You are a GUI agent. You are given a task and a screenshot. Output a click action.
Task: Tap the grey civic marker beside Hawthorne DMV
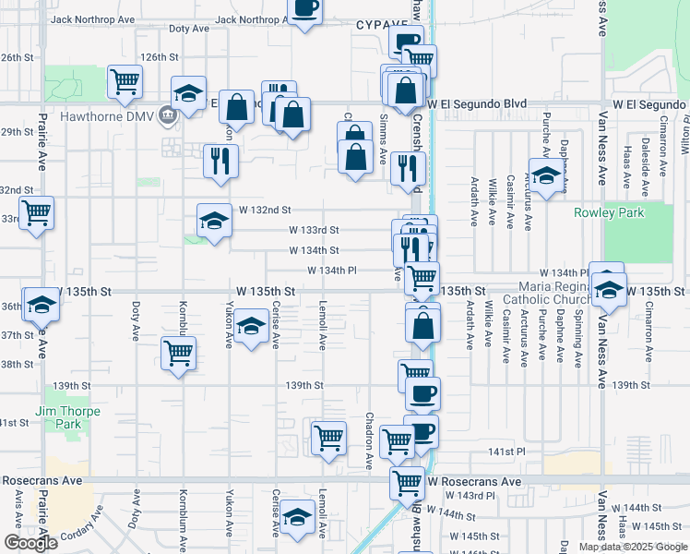(167, 116)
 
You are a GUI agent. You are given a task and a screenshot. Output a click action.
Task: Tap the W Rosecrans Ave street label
(474, 482)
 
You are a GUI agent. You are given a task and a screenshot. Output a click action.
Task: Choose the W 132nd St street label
(264, 211)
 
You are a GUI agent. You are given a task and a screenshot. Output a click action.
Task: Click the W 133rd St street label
(314, 230)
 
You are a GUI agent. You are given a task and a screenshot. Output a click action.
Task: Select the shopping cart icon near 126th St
(125, 81)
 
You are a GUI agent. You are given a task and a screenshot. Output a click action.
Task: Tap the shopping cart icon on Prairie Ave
(36, 212)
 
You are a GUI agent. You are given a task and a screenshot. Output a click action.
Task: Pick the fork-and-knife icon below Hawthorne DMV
(220, 161)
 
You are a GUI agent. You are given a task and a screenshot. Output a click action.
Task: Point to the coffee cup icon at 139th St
(422, 392)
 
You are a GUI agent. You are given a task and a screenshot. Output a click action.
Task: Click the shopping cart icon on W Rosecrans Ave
(407, 482)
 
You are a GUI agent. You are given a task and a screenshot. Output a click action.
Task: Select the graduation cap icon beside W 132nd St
(214, 222)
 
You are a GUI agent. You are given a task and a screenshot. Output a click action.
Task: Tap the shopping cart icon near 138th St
(178, 353)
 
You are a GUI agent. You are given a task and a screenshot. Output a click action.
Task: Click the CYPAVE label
(382, 26)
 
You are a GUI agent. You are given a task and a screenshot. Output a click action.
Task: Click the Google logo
(30, 543)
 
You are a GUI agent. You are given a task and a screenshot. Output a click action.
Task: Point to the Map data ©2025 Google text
(632, 547)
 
